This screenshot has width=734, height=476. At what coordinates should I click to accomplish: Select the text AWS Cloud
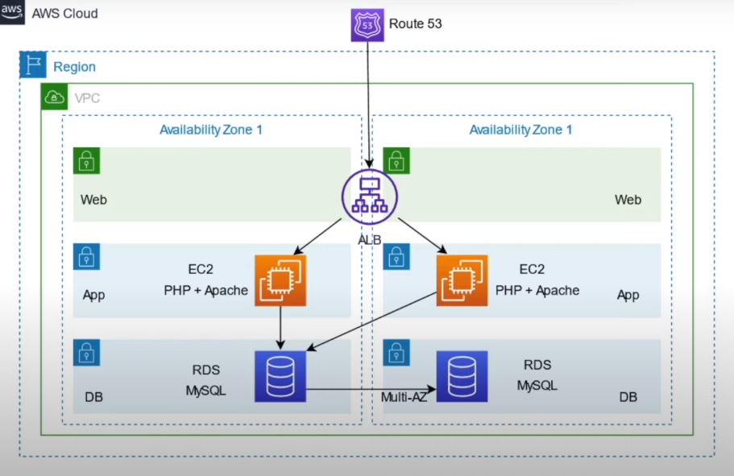[x=64, y=14]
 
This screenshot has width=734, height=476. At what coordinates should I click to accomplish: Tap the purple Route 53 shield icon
[x=367, y=25]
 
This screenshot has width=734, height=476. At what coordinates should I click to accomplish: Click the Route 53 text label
[x=415, y=24]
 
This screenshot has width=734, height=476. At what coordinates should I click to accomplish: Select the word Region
[x=74, y=68]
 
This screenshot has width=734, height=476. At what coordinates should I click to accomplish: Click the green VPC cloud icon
[x=55, y=97]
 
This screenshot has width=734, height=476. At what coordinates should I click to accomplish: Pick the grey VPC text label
[x=87, y=98]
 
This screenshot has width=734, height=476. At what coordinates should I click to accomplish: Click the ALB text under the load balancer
[x=369, y=239]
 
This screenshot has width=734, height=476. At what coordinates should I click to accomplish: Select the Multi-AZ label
[x=403, y=398]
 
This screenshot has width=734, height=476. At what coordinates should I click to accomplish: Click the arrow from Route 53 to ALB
[x=368, y=105]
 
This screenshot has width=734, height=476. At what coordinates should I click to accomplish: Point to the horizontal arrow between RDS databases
[x=371, y=390]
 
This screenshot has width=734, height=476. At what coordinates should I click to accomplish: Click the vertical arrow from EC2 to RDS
[x=280, y=327]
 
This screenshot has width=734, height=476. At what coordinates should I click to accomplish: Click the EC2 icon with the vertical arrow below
[x=280, y=280]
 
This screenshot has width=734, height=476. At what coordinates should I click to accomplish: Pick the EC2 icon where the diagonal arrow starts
[x=462, y=280]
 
